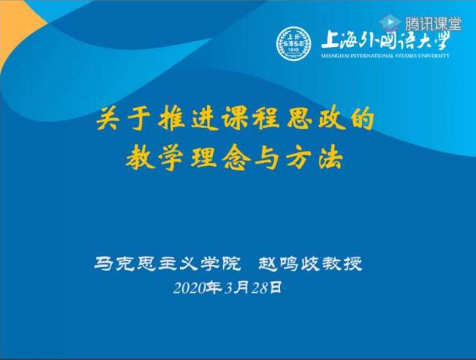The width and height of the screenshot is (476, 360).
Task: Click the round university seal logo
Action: [x=293, y=44]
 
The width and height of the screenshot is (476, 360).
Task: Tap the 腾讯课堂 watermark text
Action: [x=433, y=23]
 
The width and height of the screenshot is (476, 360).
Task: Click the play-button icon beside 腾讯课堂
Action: [x=390, y=23]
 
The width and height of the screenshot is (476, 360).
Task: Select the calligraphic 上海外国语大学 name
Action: [x=385, y=40]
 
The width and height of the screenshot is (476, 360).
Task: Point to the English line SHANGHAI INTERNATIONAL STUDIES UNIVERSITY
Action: [x=385, y=56]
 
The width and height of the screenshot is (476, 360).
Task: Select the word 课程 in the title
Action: [x=250, y=120]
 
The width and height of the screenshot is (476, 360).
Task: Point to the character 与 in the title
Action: [x=266, y=159]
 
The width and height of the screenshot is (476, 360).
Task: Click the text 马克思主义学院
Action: [x=167, y=263]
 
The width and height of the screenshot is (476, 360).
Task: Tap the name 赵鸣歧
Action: [x=289, y=263]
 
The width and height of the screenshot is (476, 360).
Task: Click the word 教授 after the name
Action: [x=342, y=263]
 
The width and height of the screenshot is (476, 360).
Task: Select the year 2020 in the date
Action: [x=189, y=288]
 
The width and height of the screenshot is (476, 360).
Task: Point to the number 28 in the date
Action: [x=260, y=288]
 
